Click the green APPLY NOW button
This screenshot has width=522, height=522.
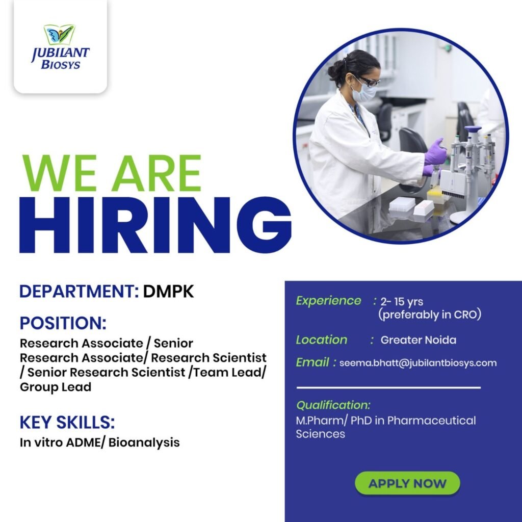coord(407,483)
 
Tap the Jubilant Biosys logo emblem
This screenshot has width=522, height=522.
coord(60,35)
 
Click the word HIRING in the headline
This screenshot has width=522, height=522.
coord(155,225)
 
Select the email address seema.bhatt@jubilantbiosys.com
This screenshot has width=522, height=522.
coord(417,363)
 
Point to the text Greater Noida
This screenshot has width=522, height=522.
coord(419,340)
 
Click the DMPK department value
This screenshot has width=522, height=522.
coord(169,292)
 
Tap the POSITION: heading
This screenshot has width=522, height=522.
coord(63,323)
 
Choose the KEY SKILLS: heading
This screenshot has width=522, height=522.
coord(67,422)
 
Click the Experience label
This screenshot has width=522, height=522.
coord(328,301)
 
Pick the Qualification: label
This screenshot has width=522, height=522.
coord(333,406)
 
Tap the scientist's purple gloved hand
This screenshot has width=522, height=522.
coord(435,152)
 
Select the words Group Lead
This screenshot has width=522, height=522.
coord(56,387)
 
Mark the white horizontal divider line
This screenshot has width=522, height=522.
coord(388,388)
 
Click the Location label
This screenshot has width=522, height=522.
coord(322,340)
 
